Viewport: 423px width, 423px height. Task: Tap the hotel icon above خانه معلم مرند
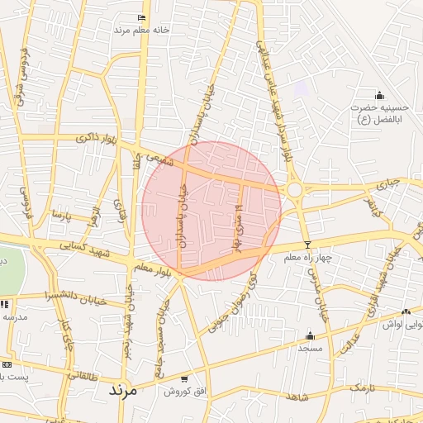click(x=142, y=17)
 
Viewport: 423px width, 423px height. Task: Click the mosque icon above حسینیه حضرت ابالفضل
click(x=379, y=95)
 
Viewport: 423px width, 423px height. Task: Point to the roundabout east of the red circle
click(x=295, y=191)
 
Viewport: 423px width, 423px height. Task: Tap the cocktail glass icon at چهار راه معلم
click(x=308, y=245)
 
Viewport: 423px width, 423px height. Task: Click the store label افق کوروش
click(x=177, y=390)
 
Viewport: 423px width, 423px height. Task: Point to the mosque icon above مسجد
click(x=311, y=335)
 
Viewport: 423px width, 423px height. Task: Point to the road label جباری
click(x=387, y=183)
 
